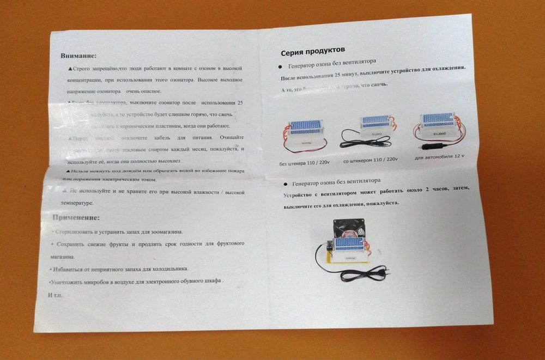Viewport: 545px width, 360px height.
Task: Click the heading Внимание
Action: [x=78, y=56]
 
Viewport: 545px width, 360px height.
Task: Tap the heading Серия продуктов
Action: [x=312, y=52]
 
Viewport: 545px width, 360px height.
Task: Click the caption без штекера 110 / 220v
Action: [x=304, y=162]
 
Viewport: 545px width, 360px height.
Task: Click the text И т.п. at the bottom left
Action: [x=56, y=295]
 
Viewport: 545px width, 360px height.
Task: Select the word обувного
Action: [x=178, y=281]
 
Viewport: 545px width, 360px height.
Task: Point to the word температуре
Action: [x=76, y=203]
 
